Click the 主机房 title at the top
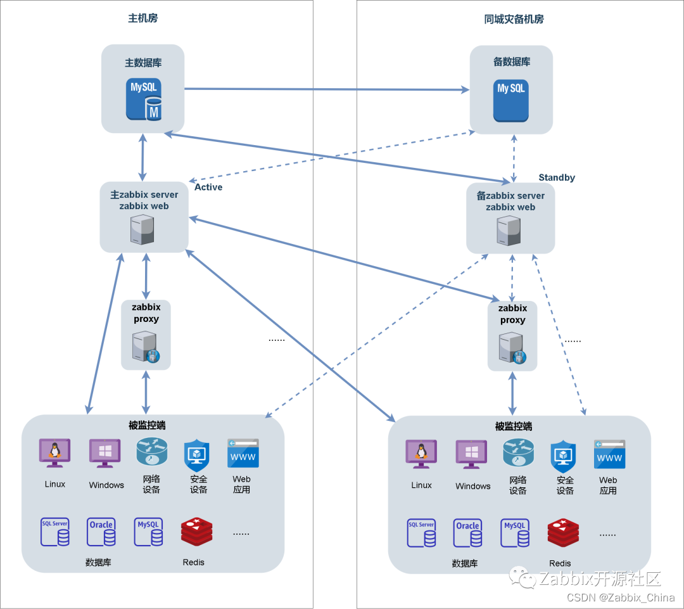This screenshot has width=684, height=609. click(142, 18)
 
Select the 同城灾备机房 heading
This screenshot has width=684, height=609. click(514, 19)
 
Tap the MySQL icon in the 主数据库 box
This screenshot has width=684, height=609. click(145, 99)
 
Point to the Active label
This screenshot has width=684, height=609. click(208, 187)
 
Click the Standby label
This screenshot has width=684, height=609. click(557, 177)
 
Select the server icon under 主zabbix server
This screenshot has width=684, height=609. click(142, 229)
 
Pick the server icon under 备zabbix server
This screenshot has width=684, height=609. click(509, 231)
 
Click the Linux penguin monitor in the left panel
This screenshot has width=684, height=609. click(54, 453)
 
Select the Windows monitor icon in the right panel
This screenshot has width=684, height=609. click(471, 454)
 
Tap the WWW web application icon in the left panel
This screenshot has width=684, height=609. click(243, 454)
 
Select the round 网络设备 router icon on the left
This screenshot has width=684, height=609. click(151, 452)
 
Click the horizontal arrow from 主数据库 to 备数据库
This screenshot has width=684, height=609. click(326, 89)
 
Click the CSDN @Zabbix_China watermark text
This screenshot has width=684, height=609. click(621, 598)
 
